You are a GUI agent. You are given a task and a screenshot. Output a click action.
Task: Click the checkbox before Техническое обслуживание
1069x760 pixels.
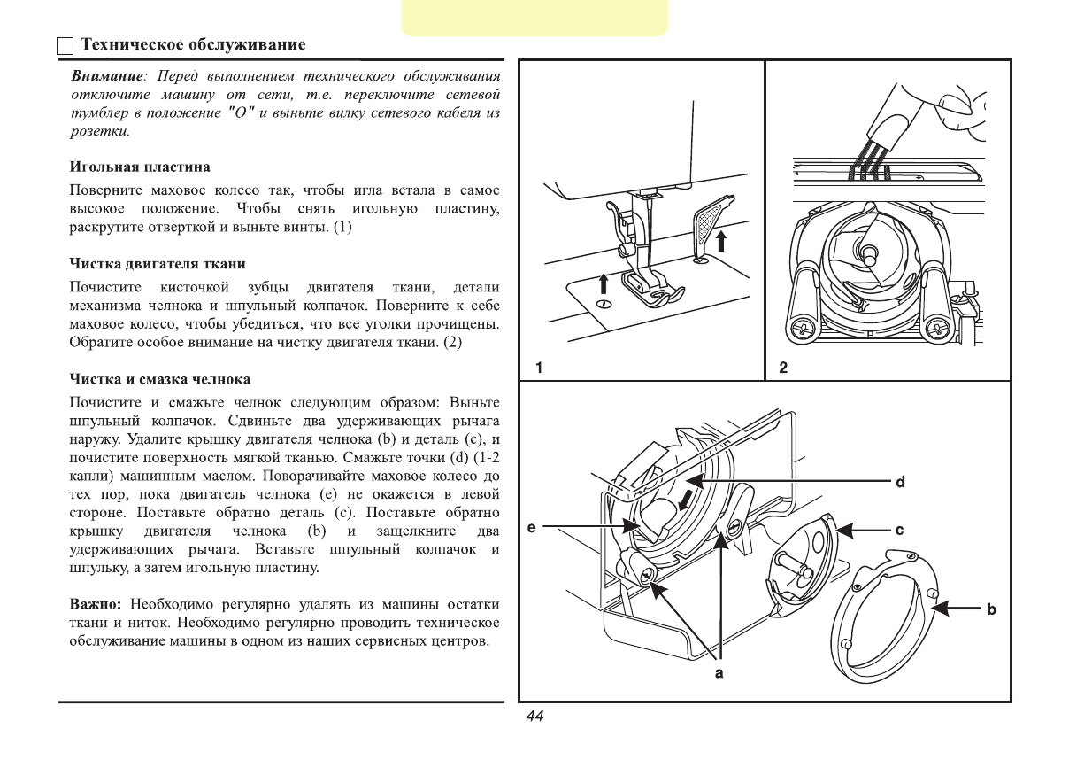(x=65, y=46)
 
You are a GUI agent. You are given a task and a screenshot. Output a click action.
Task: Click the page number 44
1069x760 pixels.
(x=534, y=717)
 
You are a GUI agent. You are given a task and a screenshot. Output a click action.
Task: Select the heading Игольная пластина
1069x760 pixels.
(x=140, y=167)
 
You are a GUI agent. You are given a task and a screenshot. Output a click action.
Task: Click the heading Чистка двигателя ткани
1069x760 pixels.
(x=158, y=264)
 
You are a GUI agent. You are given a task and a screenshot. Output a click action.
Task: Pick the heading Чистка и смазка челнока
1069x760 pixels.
(x=160, y=379)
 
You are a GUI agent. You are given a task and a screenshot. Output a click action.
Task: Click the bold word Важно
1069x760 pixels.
(x=95, y=605)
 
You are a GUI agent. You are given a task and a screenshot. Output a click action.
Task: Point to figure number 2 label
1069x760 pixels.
(x=783, y=367)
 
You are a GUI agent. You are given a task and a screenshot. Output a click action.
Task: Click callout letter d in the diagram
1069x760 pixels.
(x=899, y=483)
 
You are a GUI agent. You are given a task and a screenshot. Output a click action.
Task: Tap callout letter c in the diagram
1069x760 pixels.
(x=899, y=531)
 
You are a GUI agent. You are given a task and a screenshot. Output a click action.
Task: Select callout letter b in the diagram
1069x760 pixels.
(x=991, y=609)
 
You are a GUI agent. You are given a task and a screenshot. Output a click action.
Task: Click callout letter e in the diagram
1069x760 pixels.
(x=531, y=528)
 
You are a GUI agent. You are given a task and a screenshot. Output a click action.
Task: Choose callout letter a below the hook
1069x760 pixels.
(x=719, y=674)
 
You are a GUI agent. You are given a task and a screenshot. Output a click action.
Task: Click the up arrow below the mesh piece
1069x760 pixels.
(x=723, y=240)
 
